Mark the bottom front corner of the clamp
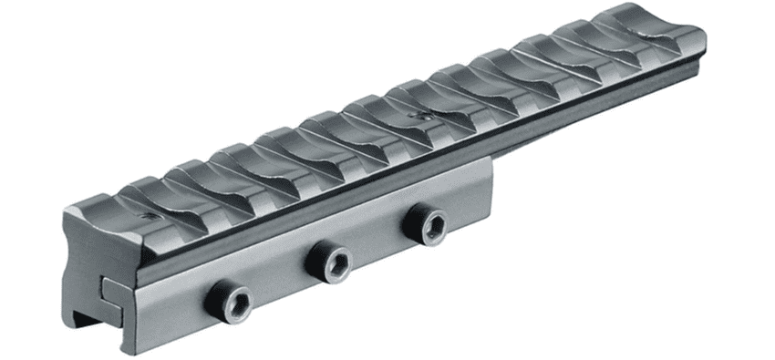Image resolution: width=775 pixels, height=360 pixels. (123, 351)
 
